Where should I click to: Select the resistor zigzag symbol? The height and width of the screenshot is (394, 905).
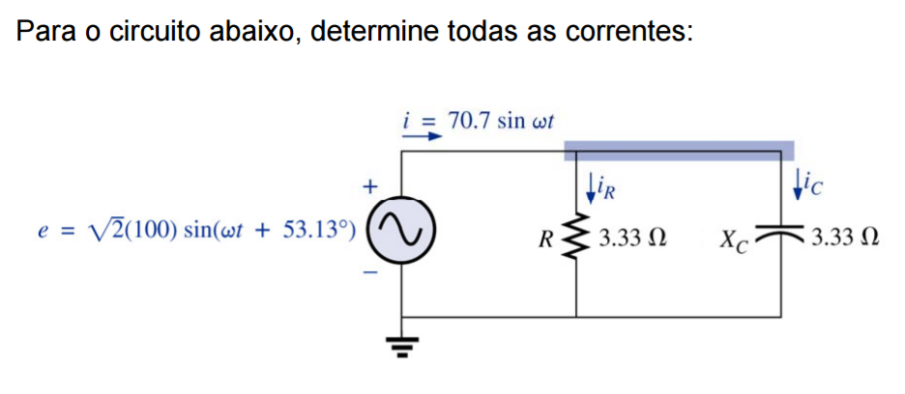coord(576,236)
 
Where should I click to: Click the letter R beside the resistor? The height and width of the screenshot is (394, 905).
coord(548,237)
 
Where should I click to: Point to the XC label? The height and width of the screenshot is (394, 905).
coord(732,238)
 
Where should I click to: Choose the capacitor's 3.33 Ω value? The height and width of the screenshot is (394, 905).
coord(845,237)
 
